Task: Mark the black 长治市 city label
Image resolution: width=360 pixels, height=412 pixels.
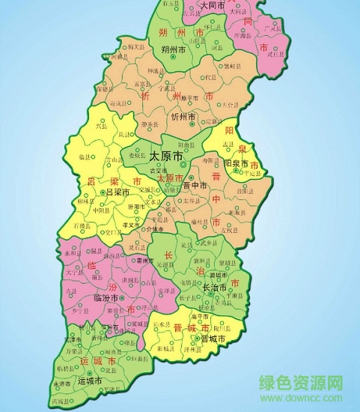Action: [x=216, y=287]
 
